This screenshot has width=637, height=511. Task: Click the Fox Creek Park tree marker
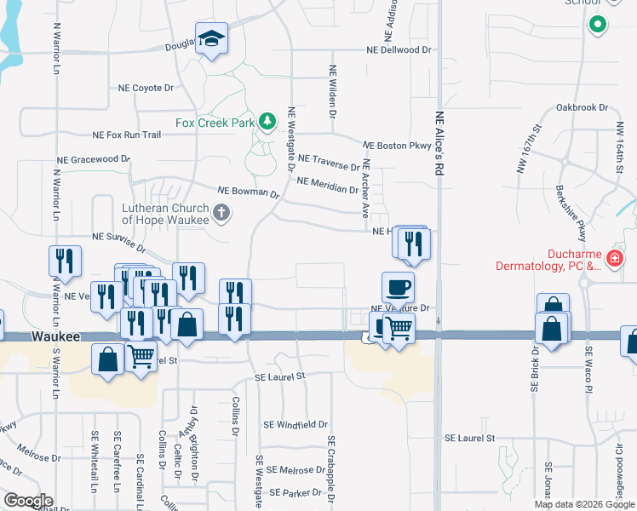pos(267,123)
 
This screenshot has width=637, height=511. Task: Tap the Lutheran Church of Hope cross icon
pos(221,212)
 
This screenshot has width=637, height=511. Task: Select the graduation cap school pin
pos(211,39)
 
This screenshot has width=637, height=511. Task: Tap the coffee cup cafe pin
pos(398,287)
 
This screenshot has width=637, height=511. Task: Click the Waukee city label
pos(56,336)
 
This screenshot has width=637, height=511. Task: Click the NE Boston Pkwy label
pos(398,146)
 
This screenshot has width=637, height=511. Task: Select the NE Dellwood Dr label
pos(399,50)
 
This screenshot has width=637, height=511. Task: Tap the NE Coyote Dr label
pos(146,88)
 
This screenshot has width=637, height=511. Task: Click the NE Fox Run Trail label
pos(127,135)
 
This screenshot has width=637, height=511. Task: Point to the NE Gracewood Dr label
pos(93,159)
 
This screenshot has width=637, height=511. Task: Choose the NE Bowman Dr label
pos(249,192)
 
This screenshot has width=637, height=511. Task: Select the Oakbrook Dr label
pos(582,108)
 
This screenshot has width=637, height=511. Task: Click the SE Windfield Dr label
pos(296,423)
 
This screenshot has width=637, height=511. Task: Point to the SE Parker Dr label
pos(294,493)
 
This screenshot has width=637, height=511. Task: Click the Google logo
pos(27,501)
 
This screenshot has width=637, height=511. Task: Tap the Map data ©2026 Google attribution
pos(583,504)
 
